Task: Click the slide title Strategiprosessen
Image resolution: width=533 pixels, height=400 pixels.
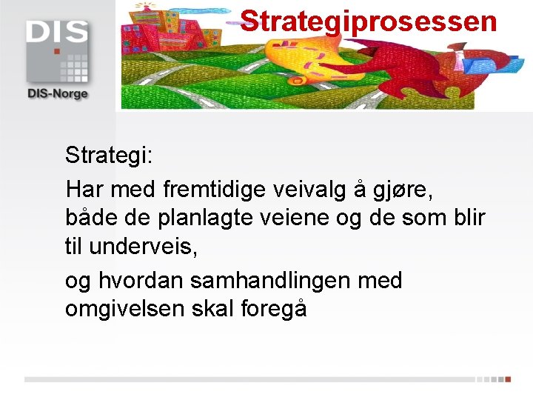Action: click(x=369, y=21)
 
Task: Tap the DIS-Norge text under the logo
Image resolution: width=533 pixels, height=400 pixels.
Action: click(x=57, y=93)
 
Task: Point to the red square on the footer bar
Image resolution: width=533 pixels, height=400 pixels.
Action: click(x=508, y=379)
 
